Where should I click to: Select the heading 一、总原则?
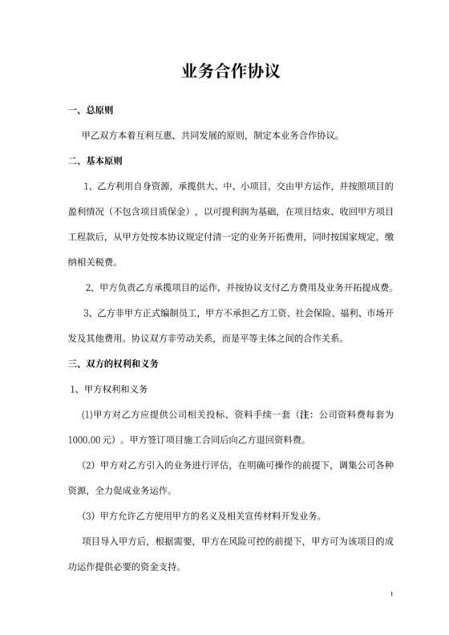pyautogui.click(x=94, y=110)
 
